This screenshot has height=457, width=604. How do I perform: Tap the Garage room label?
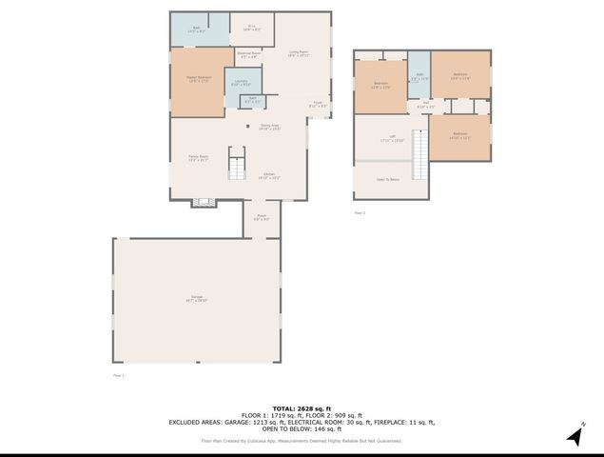[x=197, y=299]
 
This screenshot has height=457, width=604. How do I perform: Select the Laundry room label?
[x=243, y=82]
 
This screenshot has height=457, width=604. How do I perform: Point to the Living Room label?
[x=301, y=53]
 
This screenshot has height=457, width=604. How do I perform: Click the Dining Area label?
[x=269, y=127]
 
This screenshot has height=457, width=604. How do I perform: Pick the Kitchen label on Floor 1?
[x=270, y=175]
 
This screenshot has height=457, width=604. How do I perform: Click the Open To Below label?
[x=387, y=178]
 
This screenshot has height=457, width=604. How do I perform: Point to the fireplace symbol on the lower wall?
[x=202, y=201]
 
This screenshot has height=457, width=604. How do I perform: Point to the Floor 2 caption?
[x=360, y=212]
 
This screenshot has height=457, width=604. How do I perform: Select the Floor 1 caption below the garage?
[x=119, y=375]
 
